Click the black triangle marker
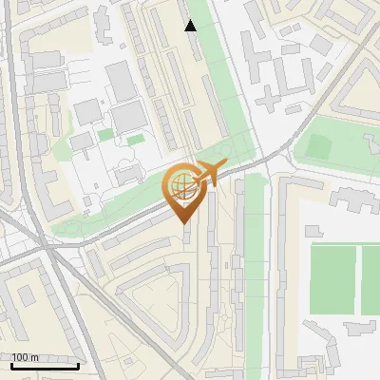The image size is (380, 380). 191,26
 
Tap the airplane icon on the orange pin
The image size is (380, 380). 206,174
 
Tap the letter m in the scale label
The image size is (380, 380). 35,357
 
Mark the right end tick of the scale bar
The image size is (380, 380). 79,365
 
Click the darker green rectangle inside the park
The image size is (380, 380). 316,147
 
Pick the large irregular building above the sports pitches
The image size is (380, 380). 351,199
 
